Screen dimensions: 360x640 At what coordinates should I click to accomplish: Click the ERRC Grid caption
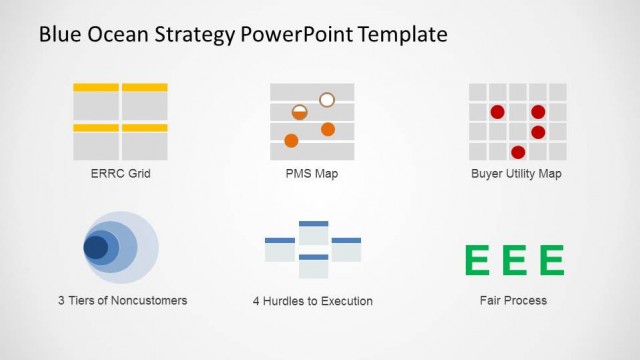coord(120,173)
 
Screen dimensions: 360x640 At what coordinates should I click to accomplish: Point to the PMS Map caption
coord(312,173)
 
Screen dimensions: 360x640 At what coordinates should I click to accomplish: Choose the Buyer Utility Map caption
coord(516,173)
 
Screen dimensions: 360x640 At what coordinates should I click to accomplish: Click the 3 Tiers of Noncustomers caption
coord(122,300)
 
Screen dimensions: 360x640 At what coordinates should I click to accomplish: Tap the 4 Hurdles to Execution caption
coord(313,301)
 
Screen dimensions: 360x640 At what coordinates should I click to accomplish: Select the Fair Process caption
coord(513,300)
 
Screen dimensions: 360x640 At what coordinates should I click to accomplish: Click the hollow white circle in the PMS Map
coord(327,99)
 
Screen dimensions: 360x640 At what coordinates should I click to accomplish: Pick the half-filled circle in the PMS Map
coord(299,112)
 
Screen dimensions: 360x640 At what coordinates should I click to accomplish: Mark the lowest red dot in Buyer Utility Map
coord(518,152)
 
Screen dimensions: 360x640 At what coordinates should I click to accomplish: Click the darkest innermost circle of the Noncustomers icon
coord(95,247)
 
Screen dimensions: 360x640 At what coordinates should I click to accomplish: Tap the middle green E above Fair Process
coord(515,259)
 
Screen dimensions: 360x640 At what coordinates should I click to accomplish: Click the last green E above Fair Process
coord(551,259)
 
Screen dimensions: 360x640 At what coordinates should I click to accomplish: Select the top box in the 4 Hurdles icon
coord(314,233)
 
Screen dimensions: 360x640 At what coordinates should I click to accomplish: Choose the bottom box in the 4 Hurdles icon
coord(314,266)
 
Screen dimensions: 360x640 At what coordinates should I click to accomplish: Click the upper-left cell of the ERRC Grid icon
coord(96,101)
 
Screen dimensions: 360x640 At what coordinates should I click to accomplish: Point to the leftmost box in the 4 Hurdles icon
coord(280,250)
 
